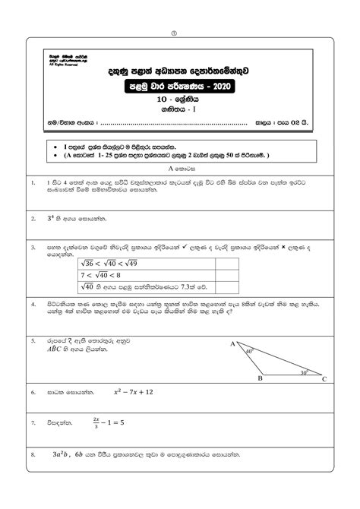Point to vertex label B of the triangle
point(260,378)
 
